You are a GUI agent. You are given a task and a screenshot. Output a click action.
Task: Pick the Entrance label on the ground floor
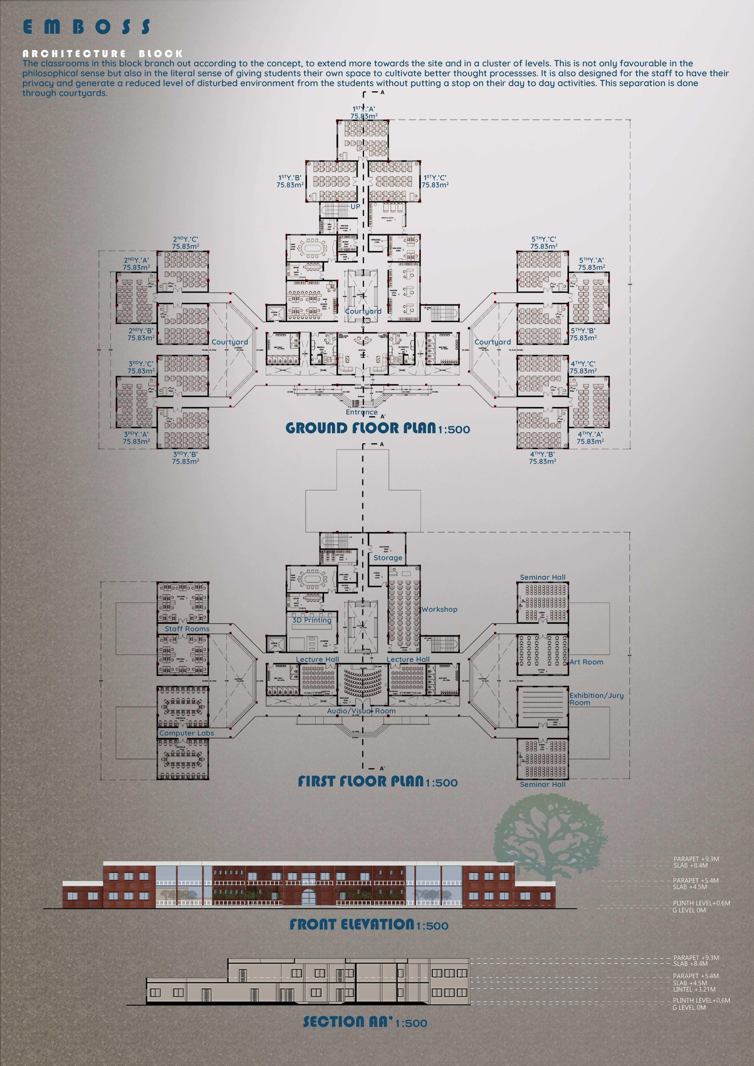coord(361,412)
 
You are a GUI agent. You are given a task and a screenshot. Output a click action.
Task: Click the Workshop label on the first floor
coord(439,609)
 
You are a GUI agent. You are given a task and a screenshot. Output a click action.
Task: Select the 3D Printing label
coord(311,620)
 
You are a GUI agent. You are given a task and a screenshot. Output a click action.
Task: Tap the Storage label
coord(388,558)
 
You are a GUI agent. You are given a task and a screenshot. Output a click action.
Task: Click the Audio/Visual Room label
coord(361,711)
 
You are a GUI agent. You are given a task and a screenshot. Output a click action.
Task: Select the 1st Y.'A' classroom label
coord(363,112)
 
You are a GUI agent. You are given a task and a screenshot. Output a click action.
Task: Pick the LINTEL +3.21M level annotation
coord(694,989)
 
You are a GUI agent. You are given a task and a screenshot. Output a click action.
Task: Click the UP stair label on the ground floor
coord(355,207)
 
